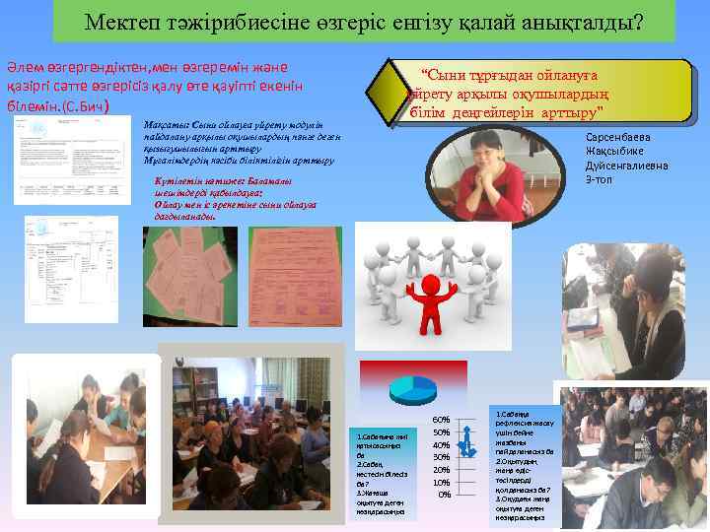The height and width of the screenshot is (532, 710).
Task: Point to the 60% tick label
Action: pos(442,420)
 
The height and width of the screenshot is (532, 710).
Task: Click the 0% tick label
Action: pos(445,495)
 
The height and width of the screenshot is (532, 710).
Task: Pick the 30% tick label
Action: pos(442,457)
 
